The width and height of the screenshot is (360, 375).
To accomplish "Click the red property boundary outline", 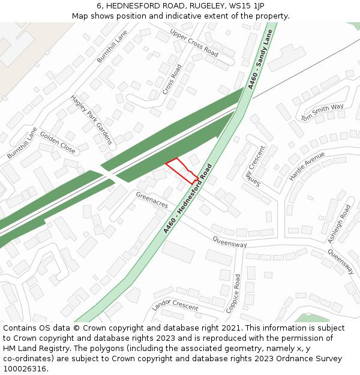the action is [x=182, y=170].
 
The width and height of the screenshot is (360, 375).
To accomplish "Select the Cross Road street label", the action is [x=172, y=79].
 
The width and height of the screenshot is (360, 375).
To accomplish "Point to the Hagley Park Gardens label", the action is [x=91, y=119].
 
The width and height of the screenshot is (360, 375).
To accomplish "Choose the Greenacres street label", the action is [x=152, y=200].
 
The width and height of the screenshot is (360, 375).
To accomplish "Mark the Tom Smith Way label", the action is [x=322, y=112].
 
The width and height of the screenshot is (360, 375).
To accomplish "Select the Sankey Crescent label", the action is [x=254, y=166].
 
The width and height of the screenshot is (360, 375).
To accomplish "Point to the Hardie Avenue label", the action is [x=307, y=166].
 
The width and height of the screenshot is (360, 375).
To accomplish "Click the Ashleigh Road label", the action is [x=339, y=224].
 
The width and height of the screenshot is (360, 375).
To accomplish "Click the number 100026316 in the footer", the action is [x=25, y=369].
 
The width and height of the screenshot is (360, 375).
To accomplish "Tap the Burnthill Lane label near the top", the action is [x=112, y=47].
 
